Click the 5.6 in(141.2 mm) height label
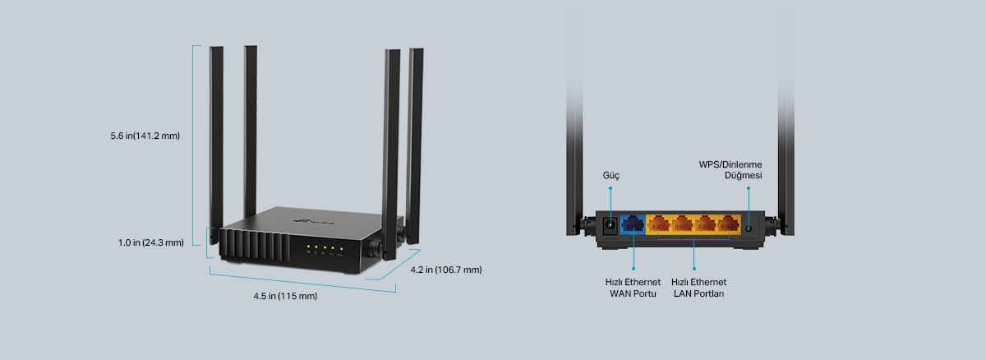[x=145, y=136]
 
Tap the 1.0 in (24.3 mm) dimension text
[x=151, y=242]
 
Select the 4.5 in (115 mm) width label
[x=285, y=296]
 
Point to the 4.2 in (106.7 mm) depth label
[x=446, y=270]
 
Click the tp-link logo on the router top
[x=314, y=221]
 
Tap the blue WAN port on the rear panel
[x=633, y=224]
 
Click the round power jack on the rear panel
[x=610, y=225]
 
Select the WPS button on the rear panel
[x=748, y=228]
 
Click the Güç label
[x=611, y=176]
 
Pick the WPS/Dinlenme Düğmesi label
[x=730, y=170]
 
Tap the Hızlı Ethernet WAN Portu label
[x=633, y=288]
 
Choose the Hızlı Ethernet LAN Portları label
[x=698, y=288]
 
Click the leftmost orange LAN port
[x=658, y=224]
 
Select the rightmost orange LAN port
[x=729, y=224]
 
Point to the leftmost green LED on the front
[x=309, y=247]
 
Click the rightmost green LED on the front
[x=341, y=249]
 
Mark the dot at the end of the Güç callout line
[x=610, y=188]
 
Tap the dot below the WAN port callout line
[x=634, y=269]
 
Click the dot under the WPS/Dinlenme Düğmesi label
[x=749, y=188]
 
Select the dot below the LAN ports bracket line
[x=694, y=269]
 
